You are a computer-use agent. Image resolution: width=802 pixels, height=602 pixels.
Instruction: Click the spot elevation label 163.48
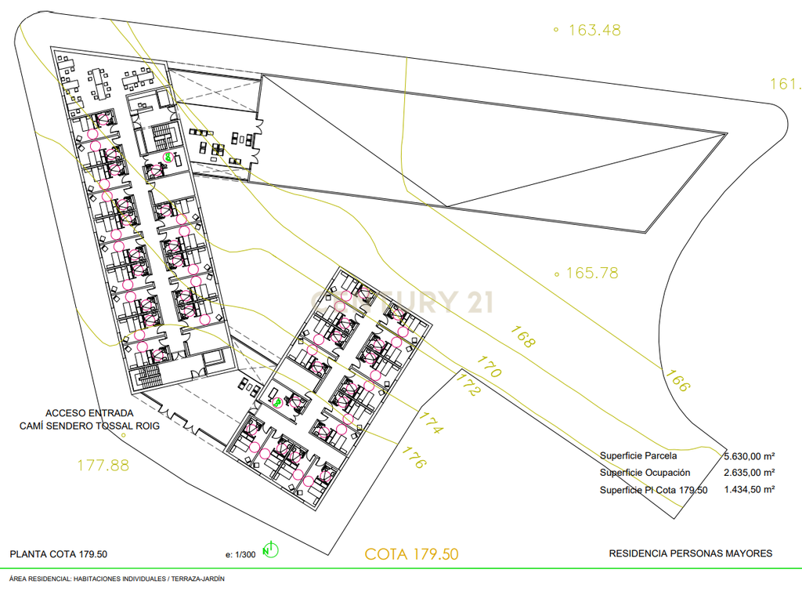[x=595, y=31]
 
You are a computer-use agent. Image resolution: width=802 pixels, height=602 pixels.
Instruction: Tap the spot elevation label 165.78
[x=592, y=274]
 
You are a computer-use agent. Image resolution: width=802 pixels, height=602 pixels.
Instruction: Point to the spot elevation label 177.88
[x=103, y=466]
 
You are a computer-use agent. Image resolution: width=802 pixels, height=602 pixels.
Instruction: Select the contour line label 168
[x=522, y=337]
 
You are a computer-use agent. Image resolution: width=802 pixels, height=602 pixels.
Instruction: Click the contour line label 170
[x=489, y=367]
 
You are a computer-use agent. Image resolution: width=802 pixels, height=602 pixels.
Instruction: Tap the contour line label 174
[x=431, y=422]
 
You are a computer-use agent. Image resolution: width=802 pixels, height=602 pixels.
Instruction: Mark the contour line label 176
[x=414, y=457]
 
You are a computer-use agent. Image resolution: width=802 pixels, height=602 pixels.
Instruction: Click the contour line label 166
[x=677, y=380]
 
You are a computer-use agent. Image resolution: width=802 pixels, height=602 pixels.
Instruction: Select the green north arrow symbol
[x=270, y=550]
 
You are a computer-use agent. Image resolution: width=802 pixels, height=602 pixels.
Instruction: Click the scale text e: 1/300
[x=240, y=554]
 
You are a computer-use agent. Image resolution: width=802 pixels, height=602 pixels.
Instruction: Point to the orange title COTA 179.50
[x=412, y=554]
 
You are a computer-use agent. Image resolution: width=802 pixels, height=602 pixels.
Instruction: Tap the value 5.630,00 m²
[x=750, y=456]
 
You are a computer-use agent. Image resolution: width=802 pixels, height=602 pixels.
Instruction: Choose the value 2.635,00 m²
[x=750, y=473]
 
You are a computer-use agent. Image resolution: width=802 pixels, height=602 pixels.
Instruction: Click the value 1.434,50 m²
[x=750, y=489]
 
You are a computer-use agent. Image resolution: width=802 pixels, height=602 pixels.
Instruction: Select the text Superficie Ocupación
[x=645, y=473]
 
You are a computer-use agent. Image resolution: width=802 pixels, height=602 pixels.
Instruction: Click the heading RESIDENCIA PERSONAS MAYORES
[x=691, y=553]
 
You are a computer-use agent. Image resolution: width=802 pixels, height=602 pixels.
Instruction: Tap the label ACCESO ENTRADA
[x=89, y=413]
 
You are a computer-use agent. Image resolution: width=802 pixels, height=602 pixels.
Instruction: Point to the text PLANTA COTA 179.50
[x=58, y=554]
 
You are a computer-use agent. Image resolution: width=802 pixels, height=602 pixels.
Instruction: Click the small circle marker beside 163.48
[x=556, y=31]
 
